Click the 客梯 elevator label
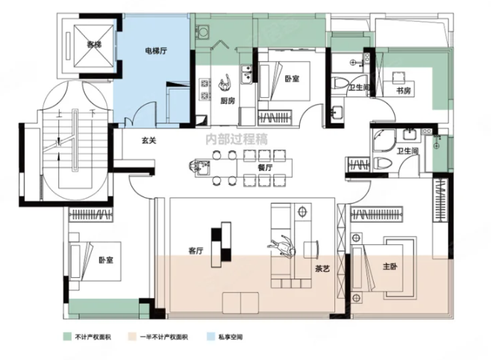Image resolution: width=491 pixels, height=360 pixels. tap(93, 45)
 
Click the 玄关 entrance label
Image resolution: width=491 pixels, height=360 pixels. tap(148, 139)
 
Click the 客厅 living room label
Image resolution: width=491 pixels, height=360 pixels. tap(196, 252)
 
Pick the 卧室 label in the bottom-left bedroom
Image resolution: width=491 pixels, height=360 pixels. tap(106, 261)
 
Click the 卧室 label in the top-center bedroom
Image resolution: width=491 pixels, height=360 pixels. tap(292, 78)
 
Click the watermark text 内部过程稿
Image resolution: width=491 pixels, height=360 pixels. tap(237, 137)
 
